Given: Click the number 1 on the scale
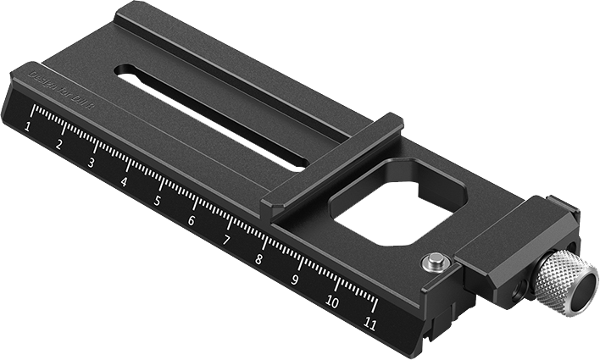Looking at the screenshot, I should [x=30, y=127].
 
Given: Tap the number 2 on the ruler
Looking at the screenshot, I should [x=59, y=144].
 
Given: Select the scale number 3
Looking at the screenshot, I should [x=91, y=162].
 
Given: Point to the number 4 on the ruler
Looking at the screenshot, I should [x=124, y=181].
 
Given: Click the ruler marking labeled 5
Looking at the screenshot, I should [x=157, y=201].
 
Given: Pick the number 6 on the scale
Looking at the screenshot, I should [x=192, y=220].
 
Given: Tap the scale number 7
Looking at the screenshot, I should [x=226, y=240].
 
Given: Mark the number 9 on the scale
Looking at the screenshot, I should [x=295, y=280].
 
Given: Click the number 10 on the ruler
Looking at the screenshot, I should [x=331, y=301].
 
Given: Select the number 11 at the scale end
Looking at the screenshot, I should [x=369, y=323].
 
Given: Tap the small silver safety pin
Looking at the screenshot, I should [x=434, y=263].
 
